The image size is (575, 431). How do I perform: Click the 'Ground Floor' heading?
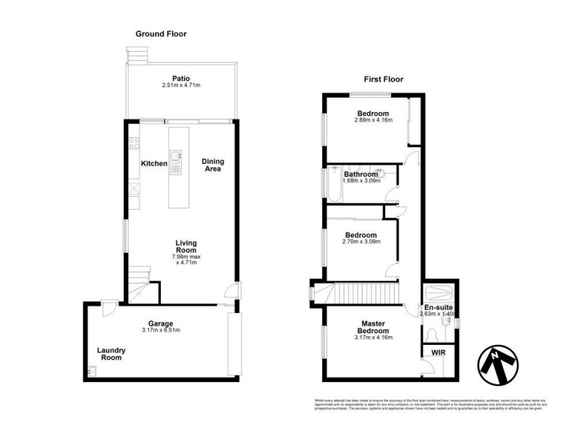pyautogui.click(x=162, y=34)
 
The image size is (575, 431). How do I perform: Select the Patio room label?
pyautogui.click(x=180, y=78)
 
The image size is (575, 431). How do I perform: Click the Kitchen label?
pyautogui.click(x=154, y=164)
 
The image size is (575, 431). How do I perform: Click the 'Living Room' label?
pyautogui.click(x=186, y=247)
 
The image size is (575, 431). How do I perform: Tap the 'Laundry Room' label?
pyautogui.click(x=111, y=354)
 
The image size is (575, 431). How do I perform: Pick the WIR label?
pyautogui.click(x=438, y=353)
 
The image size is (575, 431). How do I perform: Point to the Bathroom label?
pyautogui.click(x=360, y=174)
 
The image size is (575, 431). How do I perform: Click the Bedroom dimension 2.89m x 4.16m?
pyautogui.click(x=373, y=121)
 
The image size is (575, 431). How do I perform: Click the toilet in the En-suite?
pyautogui.click(x=432, y=335)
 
